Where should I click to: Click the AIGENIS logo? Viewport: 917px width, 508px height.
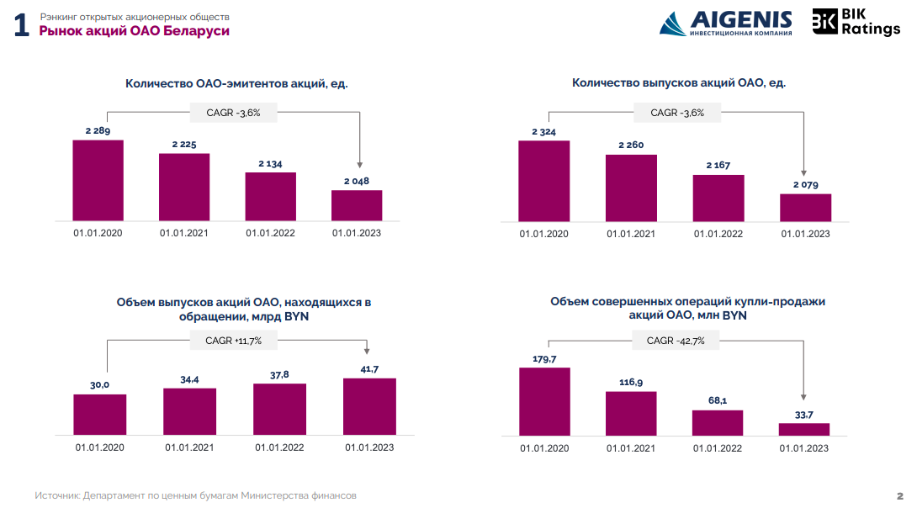pyautogui.click(x=725, y=23)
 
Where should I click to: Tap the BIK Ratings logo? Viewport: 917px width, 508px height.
pyautogui.click(x=856, y=22)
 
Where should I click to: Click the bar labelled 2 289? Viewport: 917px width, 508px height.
pyautogui.click(x=98, y=180)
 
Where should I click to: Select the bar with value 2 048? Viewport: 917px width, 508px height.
pyautogui.click(x=357, y=205)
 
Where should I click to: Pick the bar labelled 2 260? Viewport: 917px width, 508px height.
pyautogui.click(x=631, y=188)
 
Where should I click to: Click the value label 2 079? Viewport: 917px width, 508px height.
pyautogui.click(x=805, y=185)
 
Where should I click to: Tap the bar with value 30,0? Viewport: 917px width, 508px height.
pyautogui.click(x=100, y=414)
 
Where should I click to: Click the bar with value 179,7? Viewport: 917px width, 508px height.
pyautogui.click(x=544, y=401)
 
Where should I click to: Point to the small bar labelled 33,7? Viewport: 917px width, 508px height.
pyautogui.click(x=804, y=429)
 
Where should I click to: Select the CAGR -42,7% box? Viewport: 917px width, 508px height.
pyautogui.click(x=676, y=341)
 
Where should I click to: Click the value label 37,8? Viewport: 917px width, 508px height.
pyautogui.click(x=279, y=375)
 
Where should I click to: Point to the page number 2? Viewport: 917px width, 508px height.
pyautogui.click(x=899, y=496)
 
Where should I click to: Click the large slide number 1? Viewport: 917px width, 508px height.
pyautogui.click(x=21, y=27)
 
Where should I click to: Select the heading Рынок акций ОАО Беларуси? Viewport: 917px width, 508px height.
pyautogui.click(x=135, y=31)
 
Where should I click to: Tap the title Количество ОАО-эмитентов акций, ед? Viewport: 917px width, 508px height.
pyautogui.click(x=236, y=83)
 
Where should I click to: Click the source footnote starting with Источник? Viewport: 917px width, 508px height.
pyautogui.click(x=195, y=496)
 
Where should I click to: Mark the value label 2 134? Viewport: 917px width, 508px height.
pyautogui.click(x=270, y=163)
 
